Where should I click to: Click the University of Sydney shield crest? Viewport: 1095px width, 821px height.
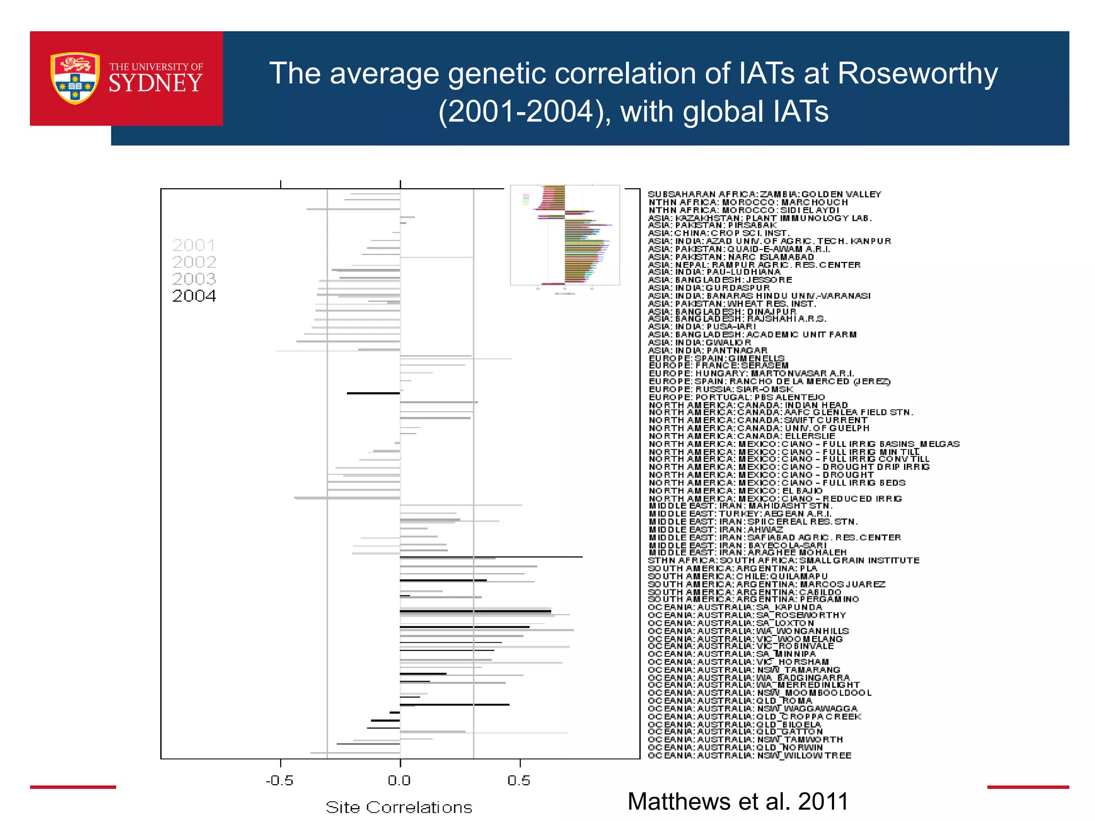coord(75,78)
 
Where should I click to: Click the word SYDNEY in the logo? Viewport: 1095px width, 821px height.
coord(156,83)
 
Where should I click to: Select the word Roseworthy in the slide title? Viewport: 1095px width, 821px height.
coord(917,73)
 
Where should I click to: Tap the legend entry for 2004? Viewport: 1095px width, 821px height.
coord(194,296)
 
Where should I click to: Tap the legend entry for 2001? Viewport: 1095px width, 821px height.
coord(194,245)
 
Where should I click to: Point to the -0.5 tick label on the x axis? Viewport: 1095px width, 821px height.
coord(280,780)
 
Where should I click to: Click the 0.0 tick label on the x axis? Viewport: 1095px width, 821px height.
coord(399,780)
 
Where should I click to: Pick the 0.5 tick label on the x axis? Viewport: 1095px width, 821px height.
coord(519,780)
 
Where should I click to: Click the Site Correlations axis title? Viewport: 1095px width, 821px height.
coord(399,807)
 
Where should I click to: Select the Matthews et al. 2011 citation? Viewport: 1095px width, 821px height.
coord(738,801)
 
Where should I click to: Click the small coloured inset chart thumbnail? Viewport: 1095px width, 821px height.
coord(565,235)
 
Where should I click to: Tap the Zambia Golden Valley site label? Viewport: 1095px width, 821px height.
coord(765,194)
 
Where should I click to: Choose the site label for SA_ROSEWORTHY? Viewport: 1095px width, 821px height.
coord(747,615)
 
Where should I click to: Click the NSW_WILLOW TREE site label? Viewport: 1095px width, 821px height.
coord(750,755)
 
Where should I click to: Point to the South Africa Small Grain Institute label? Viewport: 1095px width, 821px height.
coord(783,560)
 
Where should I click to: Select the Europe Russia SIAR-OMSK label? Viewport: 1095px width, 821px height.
coord(721,389)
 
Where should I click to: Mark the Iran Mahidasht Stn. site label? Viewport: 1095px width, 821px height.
coord(741,506)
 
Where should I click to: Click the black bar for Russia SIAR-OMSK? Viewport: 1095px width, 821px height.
coord(373,393)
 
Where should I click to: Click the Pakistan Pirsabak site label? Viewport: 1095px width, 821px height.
coord(712,225)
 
